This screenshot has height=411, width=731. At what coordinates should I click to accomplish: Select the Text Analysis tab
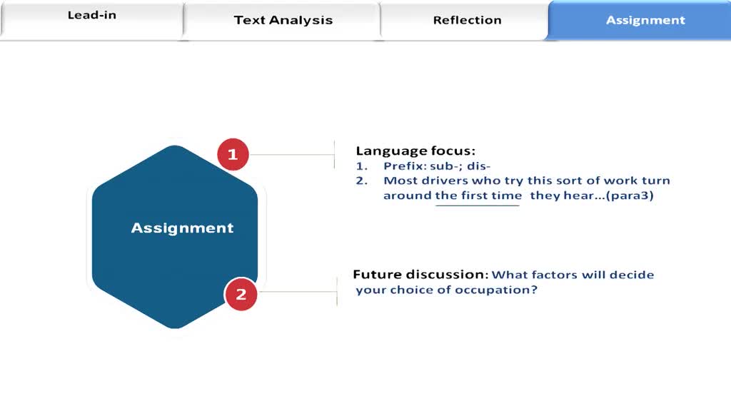click(283, 21)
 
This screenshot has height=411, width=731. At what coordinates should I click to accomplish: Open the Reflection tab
click(467, 21)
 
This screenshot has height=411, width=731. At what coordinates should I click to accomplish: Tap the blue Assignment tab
click(640, 20)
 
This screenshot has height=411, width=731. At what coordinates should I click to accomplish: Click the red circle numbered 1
click(233, 154)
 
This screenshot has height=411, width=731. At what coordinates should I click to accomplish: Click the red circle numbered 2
click(241, 294)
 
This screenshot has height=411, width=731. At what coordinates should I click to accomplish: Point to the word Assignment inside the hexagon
click(182, 228)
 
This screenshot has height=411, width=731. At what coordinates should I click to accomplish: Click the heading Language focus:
click(415, 151)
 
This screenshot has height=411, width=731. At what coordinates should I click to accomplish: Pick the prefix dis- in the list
click(478, 166)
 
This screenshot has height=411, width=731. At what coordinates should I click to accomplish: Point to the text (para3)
click(630, 196)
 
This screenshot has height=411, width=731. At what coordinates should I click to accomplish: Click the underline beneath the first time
click(478, 205)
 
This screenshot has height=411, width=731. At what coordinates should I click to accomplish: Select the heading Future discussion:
click(420, 274)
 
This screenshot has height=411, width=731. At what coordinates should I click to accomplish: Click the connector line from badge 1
click(292, 154)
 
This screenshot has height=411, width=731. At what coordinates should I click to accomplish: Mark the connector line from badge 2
click(298, 292)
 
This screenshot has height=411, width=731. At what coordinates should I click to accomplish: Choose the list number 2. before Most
click(362, 181)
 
